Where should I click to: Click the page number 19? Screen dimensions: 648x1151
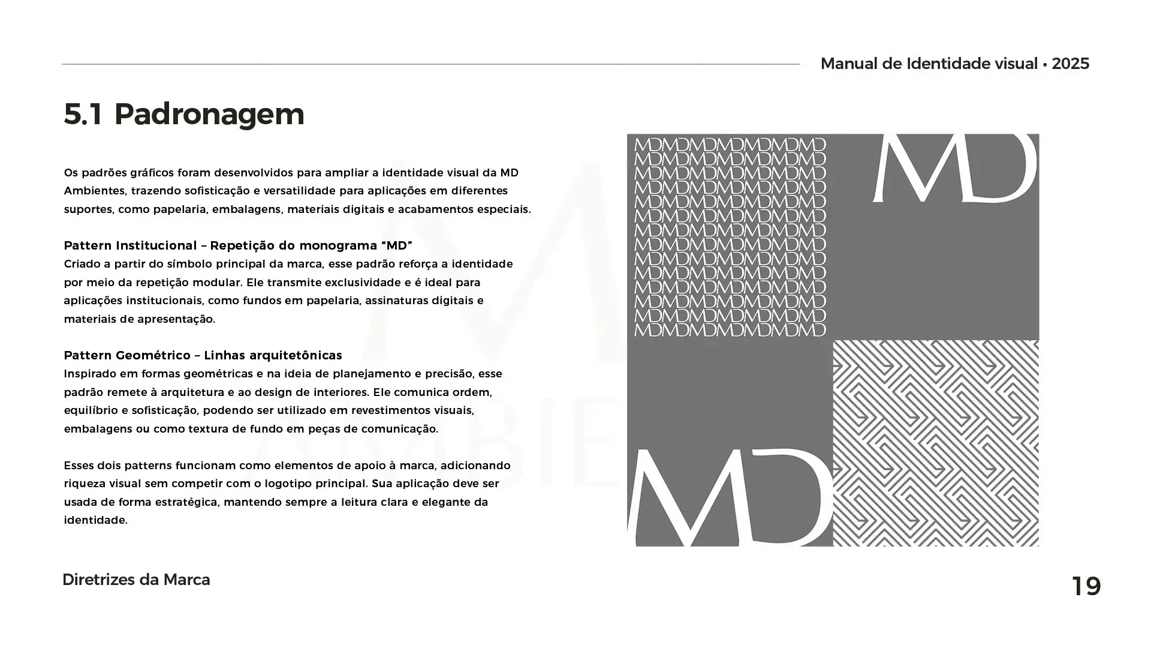[x=1086, y=586]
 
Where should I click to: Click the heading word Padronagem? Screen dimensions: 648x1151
[x=209, y=114]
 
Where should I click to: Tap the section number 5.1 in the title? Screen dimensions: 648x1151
[x=83, y=114]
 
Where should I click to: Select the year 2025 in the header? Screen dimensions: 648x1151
[x=1070, y=64]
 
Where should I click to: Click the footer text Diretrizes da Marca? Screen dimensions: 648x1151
[x=136, y=580]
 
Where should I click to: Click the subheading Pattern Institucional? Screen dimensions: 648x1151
[x=130, y=245]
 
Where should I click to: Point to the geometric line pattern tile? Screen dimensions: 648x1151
[x=936, y=443]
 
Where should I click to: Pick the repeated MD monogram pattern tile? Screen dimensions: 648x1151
[x=730, y=236]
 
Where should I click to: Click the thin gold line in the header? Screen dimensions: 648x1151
[x=430, y=64]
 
